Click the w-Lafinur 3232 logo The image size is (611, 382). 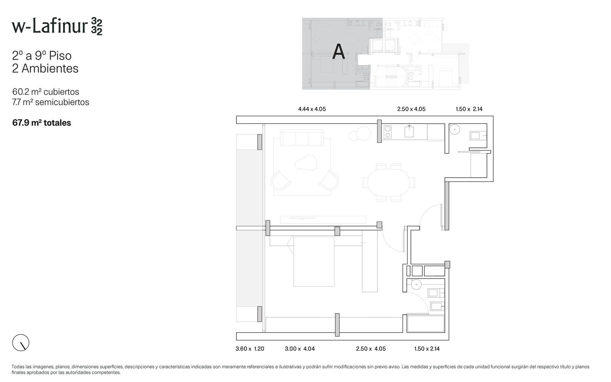coord(57,26)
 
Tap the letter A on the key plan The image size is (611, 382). coord(338,52)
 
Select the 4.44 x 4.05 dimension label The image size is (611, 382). coord(312,109)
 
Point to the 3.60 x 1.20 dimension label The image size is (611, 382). coord(250,349)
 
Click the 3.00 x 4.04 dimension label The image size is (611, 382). coord(300,349)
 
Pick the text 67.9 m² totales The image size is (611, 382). coord(42,123)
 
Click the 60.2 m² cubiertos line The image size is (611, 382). coord(45,92)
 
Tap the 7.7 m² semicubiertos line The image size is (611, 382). coord(51,102)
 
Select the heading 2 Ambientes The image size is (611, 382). coord(45,68)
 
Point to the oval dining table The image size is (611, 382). coord(388,183)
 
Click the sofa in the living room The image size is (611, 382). coord(302,138)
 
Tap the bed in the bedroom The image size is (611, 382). coord(314,261)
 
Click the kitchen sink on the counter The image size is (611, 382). coord(409,132)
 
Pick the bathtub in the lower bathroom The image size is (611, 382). coord(426,324)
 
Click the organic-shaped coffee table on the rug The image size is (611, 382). coord(306,163)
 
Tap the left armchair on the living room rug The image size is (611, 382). coord(280,181)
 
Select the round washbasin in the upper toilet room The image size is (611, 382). coord(454,129)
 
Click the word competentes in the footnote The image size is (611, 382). coord(106,373)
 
